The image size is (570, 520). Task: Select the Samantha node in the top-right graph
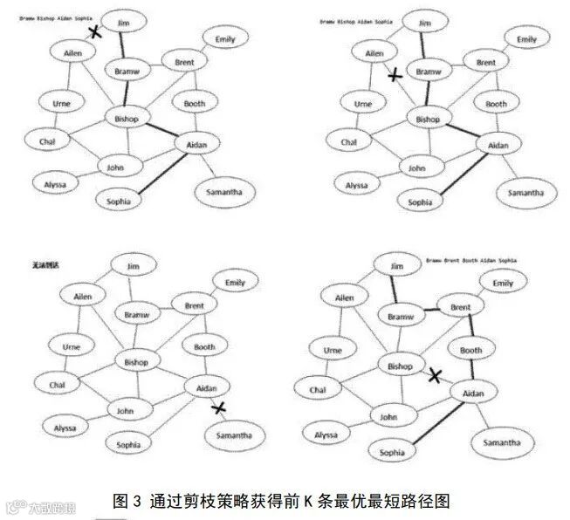tap(527, 192)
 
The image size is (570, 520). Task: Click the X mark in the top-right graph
tap(395, 76)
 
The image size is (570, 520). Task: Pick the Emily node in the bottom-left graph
tap(235, 284)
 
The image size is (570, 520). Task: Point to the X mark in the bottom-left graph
tap(220, 407)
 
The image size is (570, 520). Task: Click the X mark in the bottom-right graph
tap(435, 375)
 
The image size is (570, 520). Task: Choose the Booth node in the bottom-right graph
tap(470, 351)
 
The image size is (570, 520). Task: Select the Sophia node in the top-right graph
tap(420, 202)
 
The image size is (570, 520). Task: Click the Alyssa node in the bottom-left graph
tap(65, 428)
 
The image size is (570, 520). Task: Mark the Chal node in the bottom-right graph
tap(318, 389)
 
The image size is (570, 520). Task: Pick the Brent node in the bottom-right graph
tap(460, 308)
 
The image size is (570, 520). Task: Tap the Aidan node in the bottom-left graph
tap(208, 387)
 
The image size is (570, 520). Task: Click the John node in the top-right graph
tap(417, 168)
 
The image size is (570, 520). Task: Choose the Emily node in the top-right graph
tap(526, 39)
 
